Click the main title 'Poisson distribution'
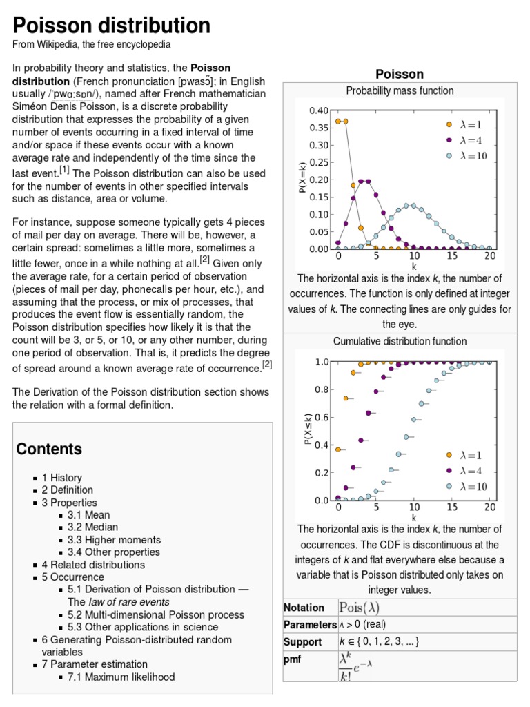click(112, 26)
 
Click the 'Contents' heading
click(49, 449)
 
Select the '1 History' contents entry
click(61, 478)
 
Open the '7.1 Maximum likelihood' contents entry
click(121, 677)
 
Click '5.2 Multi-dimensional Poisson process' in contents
click(156, 614)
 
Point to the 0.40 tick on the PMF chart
click(319, 110)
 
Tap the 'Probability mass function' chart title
click(400, 90)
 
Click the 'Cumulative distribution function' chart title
click(400, 341)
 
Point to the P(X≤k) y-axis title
click(308, 428)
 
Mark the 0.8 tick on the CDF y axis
click(322, 389)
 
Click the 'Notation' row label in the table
click(304, 608)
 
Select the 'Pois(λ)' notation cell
click(359, 608)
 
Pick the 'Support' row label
click(303, 641)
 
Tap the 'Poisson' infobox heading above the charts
click(399, 74)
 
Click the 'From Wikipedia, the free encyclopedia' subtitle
click(92, 44)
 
